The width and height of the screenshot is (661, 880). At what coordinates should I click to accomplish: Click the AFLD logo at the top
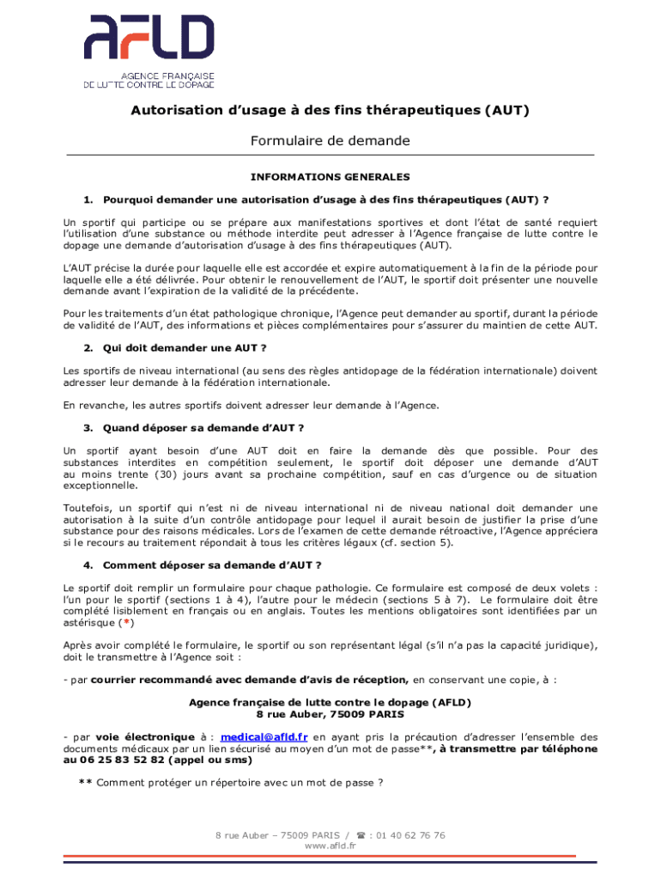tap(149, 51)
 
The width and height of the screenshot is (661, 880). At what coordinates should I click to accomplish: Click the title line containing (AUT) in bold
tap(330, 110)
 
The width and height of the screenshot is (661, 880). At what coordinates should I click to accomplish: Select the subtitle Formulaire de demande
tap(330, 140)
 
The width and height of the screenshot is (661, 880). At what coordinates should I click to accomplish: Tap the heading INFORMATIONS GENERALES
tap(330, 177)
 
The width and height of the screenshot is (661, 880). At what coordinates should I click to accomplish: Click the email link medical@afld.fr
tap(264, 736)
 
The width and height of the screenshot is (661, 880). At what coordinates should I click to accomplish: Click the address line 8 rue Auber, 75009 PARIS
tap(330, 714)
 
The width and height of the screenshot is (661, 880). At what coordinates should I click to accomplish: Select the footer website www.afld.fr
tap(330, 846)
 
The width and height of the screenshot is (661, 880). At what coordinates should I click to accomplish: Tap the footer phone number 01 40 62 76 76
tap(411, 834)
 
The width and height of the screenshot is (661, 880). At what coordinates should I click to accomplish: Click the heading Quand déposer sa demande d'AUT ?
tap(203, 427)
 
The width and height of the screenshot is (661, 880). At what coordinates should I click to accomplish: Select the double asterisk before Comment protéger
tap(85, 783)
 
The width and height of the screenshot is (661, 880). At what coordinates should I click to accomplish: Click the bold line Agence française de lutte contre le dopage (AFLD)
tap(330, 702)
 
